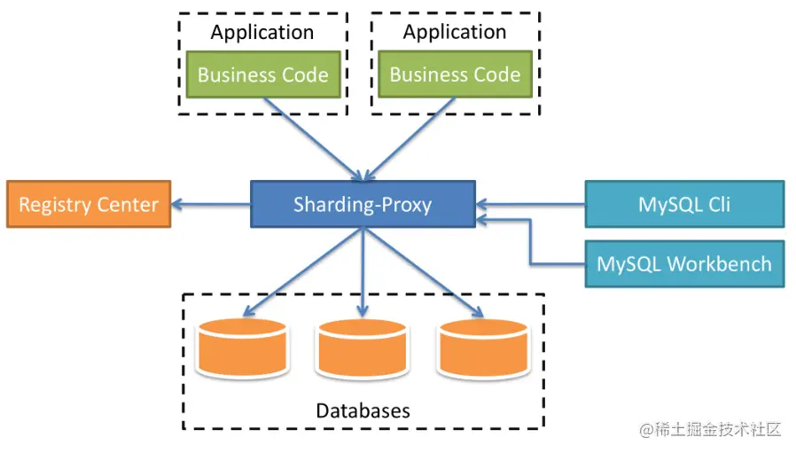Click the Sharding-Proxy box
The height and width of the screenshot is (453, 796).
(x=363, y=206)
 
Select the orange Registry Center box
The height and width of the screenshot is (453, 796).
(x=89, y=205)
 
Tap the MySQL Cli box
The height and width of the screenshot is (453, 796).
(x=683, y=205)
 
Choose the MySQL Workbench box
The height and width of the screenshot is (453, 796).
(x=683, y=263)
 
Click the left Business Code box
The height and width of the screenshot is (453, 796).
(x=263, y=74)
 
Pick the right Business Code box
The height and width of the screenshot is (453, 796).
(x=455, y=74)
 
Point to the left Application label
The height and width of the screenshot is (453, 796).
(x=262, y=33)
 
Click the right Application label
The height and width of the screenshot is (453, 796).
(x=455, y=33)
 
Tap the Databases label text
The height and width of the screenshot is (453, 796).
(x=363, y=410)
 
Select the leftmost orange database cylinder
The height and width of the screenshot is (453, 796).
(x=241, y=348)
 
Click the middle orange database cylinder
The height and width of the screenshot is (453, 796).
(x=362, y=348)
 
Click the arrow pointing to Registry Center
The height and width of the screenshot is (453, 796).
(x=211, y=205)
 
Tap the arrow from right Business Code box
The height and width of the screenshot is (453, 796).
(x=410, y=137)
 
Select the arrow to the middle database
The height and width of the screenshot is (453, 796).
(x=362, y=270)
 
